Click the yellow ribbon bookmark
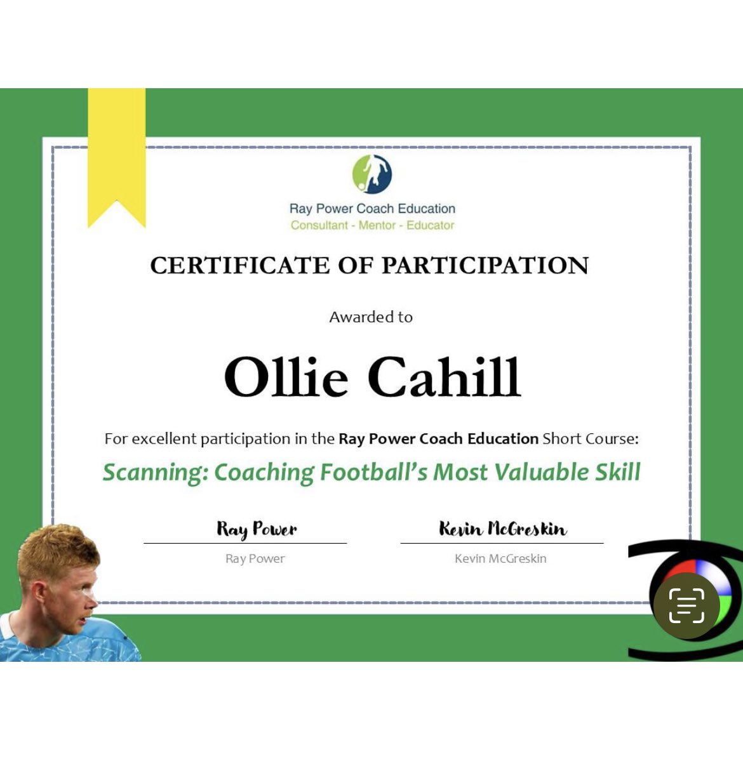click(x=116, y=152)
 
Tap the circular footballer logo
click(x=372, y=174)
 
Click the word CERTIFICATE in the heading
click(x=239, y=265)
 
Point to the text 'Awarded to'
click(x=371, y=317)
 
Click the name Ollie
click(x=286, y=377)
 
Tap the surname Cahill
click(x=445, y=377)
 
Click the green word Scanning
click(x=155, y=473)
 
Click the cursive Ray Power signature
click(x=257, y=529)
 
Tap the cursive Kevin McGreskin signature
click(x=502, y=529)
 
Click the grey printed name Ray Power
click(x=255, y=559)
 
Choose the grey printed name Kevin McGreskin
click(x=500, y=559)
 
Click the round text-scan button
click(x=686, y=605)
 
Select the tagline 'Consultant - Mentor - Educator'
click(x=372, y=225)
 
